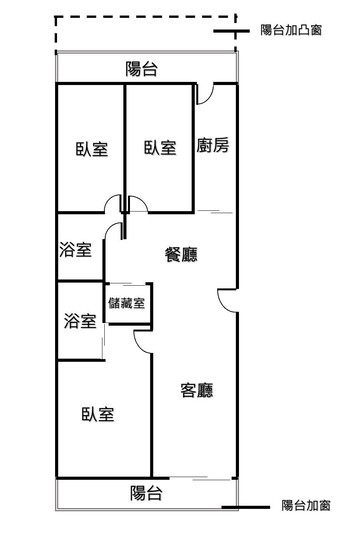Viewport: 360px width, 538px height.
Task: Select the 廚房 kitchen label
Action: coord(214,147)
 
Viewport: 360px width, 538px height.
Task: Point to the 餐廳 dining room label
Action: coord(180,255)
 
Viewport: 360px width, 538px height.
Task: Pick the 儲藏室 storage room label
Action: coord(127,303)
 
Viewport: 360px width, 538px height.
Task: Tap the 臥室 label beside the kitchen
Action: coord(160,148)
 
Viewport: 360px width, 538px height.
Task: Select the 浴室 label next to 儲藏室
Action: coord(79,322)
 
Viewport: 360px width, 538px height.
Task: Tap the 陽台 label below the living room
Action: coord(147,492)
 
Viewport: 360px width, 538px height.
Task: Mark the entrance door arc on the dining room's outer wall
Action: coord(226,297)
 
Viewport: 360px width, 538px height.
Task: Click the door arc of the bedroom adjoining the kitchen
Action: coord(139,205)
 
